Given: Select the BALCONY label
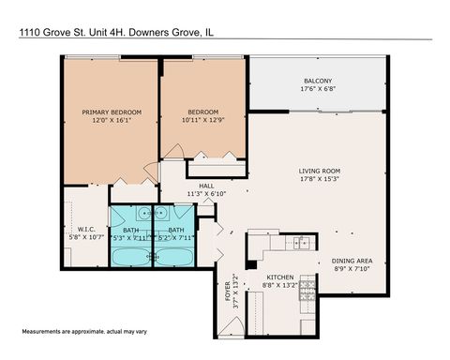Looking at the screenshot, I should [x=317, y=80].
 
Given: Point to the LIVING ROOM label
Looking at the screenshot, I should [x=319, y=170].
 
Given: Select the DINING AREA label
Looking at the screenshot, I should [x=352, y=262].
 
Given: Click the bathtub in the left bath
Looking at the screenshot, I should [x=130, y=254].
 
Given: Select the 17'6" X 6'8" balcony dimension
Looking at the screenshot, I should [x=317, y=89].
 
